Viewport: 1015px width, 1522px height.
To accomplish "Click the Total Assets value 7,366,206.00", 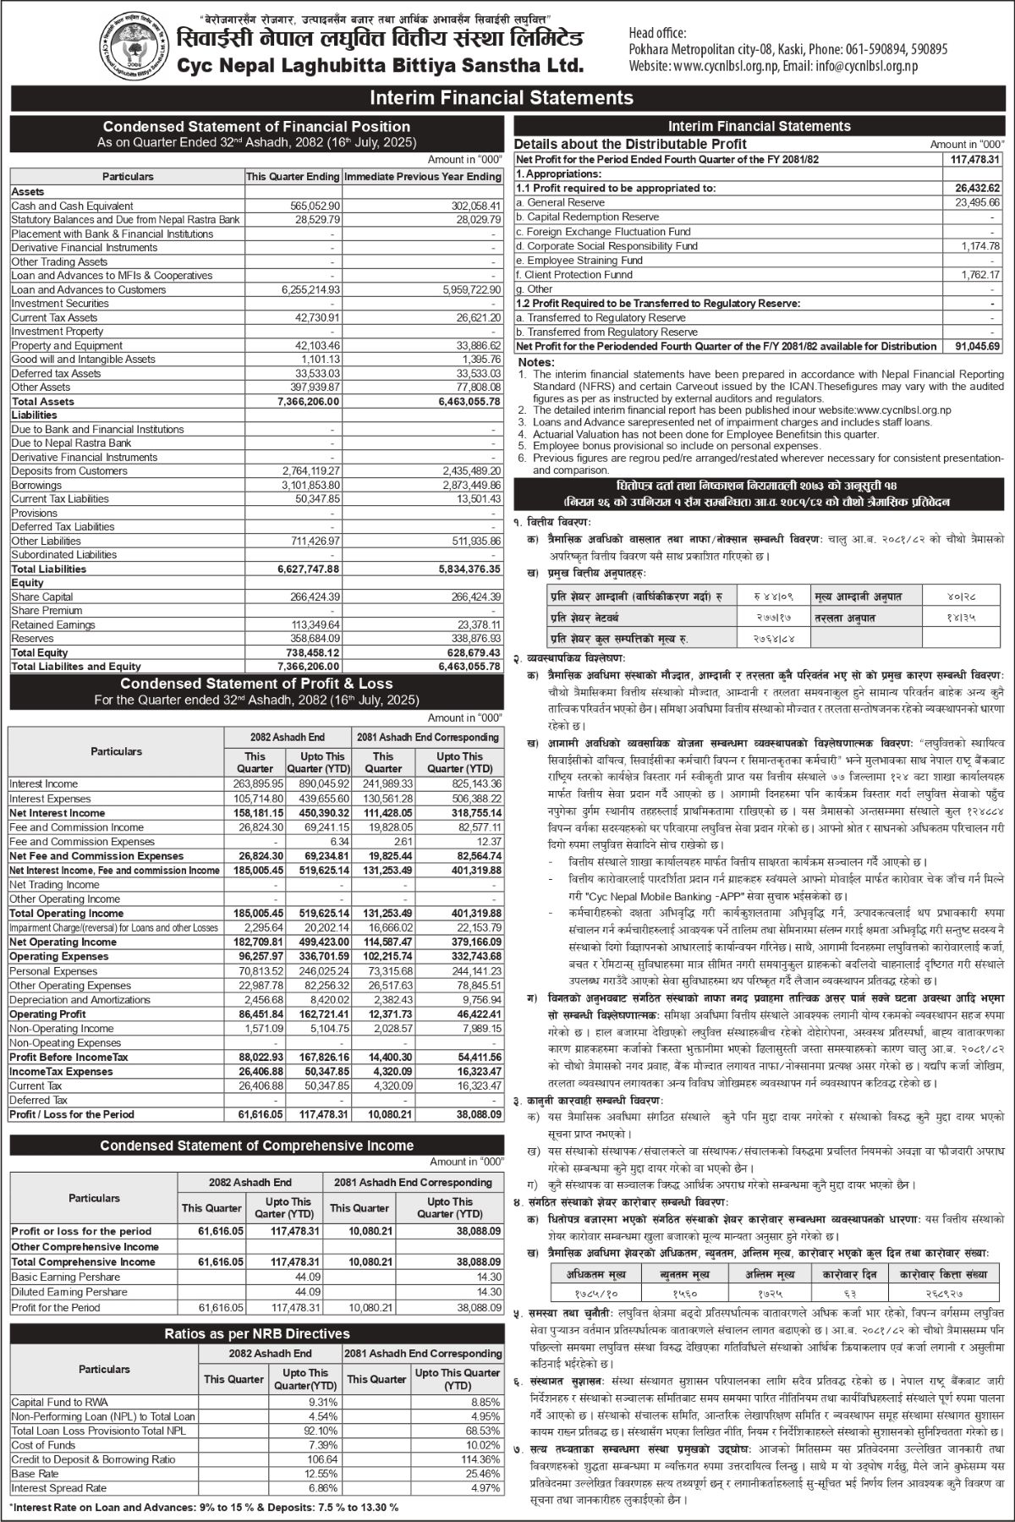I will click(x=309, y=401).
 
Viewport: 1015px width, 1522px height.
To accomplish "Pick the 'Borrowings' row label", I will click(x=36, y=486).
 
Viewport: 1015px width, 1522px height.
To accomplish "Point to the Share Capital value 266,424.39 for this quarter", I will click(x=310, y=596).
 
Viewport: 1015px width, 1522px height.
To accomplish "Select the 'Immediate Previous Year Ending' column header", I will click(x=422, y=177).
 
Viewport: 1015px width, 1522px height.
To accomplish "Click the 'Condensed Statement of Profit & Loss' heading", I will click(x=256, y=684).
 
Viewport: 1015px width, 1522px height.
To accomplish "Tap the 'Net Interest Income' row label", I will click(x=58, y=813).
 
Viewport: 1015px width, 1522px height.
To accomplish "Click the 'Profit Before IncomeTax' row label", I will click(x=69, y=1058).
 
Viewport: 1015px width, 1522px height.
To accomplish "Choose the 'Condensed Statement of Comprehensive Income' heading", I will click(x=256, y=1146).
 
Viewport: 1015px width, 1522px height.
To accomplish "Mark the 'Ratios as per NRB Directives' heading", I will click(x=256, y=1334).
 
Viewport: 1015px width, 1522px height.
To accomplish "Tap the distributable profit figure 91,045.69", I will click(x=975, y=346).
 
